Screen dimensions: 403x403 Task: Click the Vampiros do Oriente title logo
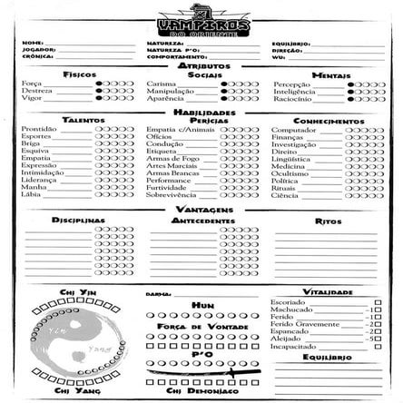201,19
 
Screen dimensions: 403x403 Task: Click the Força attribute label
30,83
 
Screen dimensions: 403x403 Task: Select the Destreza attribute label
34,90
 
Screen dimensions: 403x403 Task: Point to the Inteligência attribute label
290,90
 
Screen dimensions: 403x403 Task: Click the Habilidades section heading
202,112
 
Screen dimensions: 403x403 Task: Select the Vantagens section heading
202,208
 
